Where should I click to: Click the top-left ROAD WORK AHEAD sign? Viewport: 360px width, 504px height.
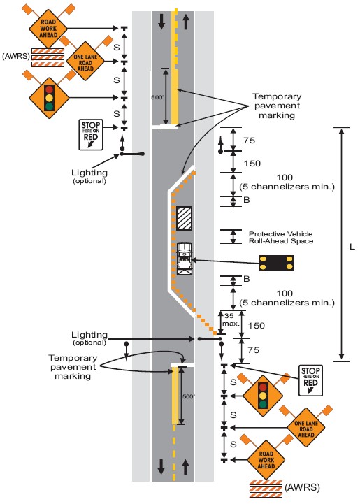coord(48,29)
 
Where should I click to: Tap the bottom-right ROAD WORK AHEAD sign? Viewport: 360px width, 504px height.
coord(266,460)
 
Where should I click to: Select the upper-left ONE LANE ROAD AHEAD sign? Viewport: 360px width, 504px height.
coord(85,62)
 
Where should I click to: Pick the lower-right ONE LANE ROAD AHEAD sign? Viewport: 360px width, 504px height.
coord(305,429)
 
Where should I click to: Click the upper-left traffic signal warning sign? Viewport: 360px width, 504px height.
coord(49,98)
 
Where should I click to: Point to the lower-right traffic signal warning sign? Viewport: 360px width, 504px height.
coord(263,396)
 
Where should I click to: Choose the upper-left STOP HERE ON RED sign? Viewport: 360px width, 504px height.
coord(91,134)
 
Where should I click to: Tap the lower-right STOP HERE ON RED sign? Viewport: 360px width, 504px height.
coord(310,380)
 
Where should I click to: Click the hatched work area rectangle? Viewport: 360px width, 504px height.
coord(184,218)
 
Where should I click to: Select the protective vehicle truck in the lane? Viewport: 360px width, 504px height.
coord(185,259)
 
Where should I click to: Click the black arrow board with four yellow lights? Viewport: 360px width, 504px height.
coord(276,263)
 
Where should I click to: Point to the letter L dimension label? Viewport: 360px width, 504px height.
coord(352,247)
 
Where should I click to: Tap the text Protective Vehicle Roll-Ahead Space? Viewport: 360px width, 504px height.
coord(281,238)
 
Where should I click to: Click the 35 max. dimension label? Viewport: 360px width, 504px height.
coord(231,320)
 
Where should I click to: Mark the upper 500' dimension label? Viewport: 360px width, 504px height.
coord(157,97)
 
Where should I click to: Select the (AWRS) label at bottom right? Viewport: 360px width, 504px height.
coord(302,487)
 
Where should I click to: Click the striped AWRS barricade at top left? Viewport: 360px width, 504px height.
coord(48,57)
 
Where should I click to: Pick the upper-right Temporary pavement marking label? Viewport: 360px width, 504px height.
coord(277,106)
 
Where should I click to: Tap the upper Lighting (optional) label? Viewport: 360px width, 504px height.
coord(89,176)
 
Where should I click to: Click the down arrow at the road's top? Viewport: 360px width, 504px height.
coord(161,22)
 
